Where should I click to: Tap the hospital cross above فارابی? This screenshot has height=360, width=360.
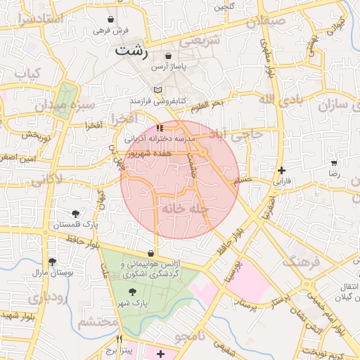click(x=281, y=170)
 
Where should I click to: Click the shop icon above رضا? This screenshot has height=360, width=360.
click(x=334, y=162)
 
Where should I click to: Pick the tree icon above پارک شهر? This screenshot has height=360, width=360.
click(x=131, y=291)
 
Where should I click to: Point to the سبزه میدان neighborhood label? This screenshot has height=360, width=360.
click(x=60, y=106)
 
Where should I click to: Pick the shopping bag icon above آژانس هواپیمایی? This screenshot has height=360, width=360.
click(x=150, y=253)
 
